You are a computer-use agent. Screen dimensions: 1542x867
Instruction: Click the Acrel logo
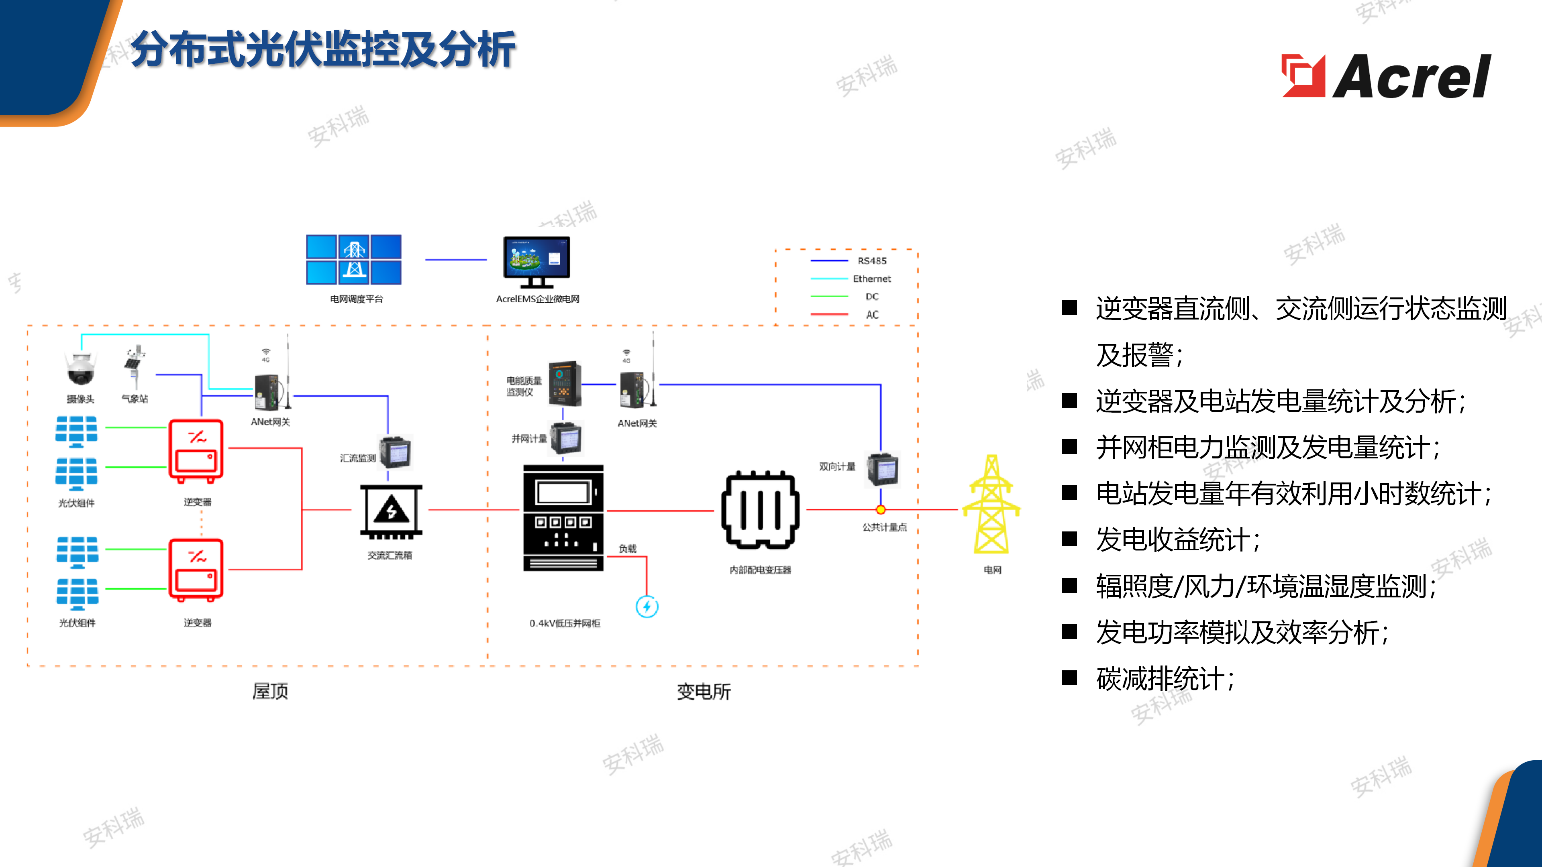pyautogui.click(x=1386, y=76)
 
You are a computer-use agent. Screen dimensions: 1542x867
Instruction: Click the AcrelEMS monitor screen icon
pyautogui.click(x=536, y=261)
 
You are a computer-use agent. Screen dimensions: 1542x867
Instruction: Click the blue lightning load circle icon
pyautogui.click(x=647, y=607)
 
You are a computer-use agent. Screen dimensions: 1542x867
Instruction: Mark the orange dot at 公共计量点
pyautogui.click(x=881, y=510)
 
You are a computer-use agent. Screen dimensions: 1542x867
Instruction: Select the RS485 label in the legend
pyautogui.click(x=872, y=261)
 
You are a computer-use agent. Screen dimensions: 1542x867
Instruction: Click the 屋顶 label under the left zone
pyautogui.click(x=270, y=692)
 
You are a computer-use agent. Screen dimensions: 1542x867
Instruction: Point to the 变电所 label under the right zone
pyautogui.click(x=704, y=692)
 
